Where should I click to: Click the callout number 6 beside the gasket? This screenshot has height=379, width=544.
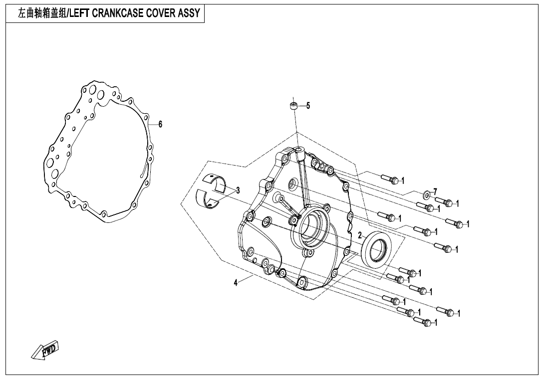tap(160, 125)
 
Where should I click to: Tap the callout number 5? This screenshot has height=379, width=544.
tap(308, 106)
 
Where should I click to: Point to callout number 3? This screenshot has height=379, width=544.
tap(238, 190)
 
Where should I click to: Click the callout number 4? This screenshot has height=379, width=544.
tap(236, 283)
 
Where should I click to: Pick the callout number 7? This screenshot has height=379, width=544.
tap(435, 191)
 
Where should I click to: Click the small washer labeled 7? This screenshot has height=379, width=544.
tap(426, 193)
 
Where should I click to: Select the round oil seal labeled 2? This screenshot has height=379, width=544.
tap(377, 248)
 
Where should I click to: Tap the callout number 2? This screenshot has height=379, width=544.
tap(360, 235)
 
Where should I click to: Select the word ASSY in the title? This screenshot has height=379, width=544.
tap(189, 13)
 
